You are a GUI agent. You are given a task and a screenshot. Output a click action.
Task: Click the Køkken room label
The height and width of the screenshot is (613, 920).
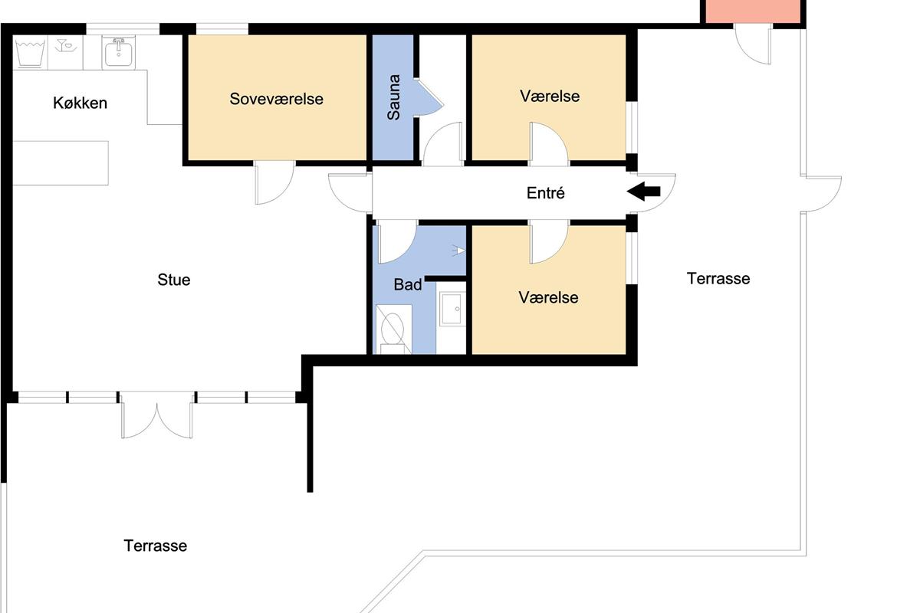[x=80, y=103]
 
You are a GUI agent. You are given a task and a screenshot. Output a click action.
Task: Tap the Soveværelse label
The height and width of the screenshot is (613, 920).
[x=277, y=99]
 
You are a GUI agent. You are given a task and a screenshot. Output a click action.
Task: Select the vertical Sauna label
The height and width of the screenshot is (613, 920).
[x=393, y=97]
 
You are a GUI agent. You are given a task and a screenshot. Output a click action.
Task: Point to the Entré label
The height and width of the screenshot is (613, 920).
[x=545, y=192]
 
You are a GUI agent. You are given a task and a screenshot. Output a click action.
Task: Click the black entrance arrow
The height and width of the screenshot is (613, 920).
[x=643, y=192]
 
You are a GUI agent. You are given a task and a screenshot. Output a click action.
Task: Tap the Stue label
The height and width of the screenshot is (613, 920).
[x=174, y=280]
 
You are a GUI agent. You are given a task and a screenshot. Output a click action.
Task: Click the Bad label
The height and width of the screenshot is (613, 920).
[x=407, y=284]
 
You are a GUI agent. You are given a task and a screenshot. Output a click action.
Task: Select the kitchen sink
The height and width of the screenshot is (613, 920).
[x=118, y=53]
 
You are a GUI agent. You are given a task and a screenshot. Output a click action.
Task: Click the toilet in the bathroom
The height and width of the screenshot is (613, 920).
[x=393, y=329]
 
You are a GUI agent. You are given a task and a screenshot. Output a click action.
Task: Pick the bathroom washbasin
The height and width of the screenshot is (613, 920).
[x=451, y=309]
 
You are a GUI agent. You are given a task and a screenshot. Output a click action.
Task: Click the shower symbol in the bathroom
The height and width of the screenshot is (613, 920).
[x=459, y=251]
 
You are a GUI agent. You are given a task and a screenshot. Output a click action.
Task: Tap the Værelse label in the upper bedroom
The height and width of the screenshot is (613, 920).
[x=550, y=96]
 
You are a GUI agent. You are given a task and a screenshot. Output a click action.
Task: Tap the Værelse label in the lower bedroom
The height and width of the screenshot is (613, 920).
[x=548, y=297]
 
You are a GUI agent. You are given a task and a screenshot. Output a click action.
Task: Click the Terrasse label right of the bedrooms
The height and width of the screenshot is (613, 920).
[x=718, y=278]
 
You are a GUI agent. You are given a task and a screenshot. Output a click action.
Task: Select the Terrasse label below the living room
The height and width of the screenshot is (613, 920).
[x=155, y=546]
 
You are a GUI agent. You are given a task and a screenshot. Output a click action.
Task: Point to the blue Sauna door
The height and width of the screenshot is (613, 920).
[x=429, y=99]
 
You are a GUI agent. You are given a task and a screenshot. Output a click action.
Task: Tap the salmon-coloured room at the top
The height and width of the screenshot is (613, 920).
[x=753, y=11]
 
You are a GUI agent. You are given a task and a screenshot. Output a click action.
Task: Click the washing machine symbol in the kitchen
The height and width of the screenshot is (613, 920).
[x=30, y=53]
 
